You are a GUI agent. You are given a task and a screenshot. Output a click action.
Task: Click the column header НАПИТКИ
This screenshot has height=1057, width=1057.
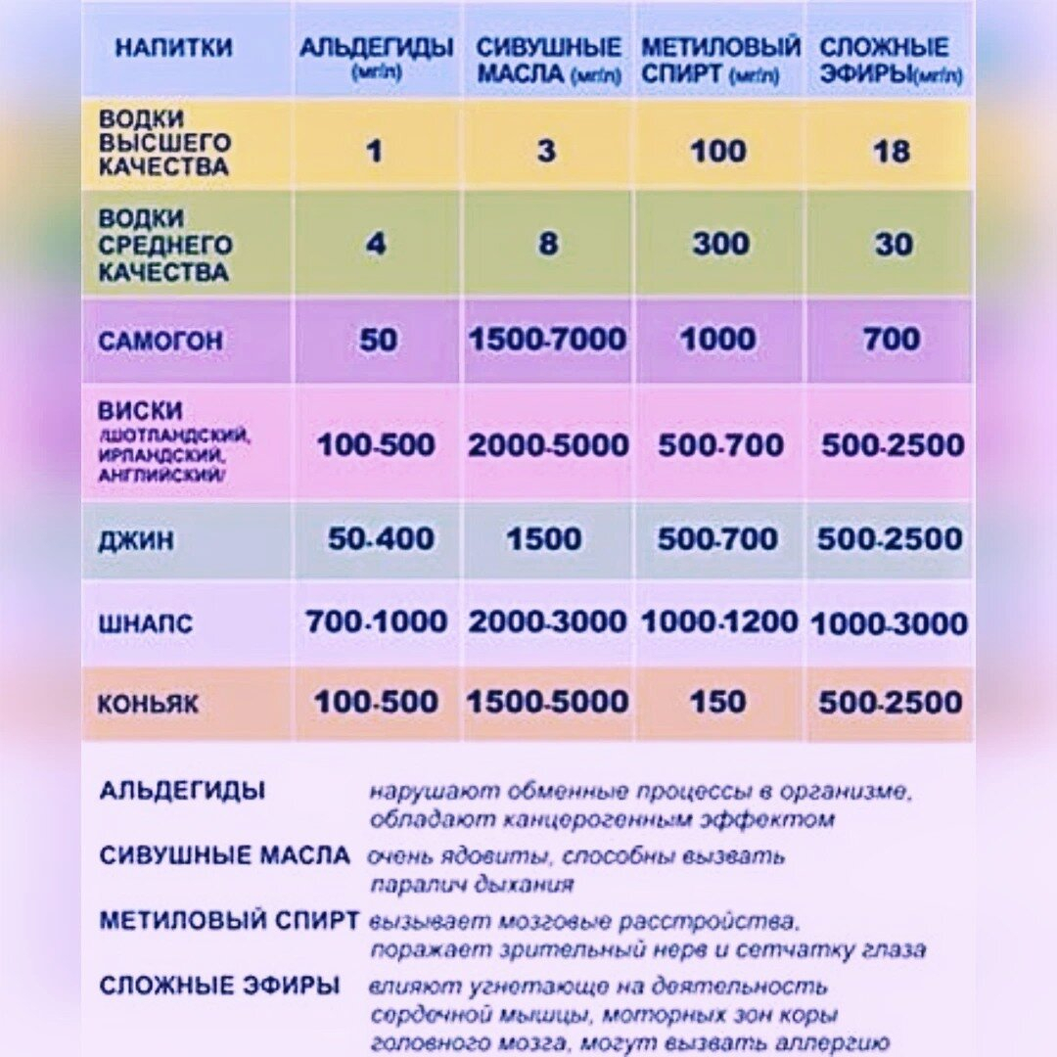(x=173, y=47)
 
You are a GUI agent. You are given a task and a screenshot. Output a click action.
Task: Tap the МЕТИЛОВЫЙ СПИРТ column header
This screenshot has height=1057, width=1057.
(x=720, y=59)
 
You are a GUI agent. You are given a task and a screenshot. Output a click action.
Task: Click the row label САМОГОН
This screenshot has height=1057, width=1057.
(x=161, y=342)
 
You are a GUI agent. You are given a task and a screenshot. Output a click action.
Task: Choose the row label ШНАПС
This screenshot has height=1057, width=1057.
(x=146, y=623)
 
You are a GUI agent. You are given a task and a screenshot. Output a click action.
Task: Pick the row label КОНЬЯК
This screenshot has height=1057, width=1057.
(x=148, y=703)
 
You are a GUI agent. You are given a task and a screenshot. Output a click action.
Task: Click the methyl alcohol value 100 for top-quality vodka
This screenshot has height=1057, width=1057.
(x=718, y=152)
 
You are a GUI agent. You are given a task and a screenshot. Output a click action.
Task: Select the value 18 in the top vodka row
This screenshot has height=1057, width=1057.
(x=892, y=152)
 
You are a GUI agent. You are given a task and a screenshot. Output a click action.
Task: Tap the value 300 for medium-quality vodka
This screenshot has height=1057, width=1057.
(x=720, y=244)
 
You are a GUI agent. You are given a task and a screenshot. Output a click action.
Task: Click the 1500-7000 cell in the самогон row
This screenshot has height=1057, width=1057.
(x=547, y=340)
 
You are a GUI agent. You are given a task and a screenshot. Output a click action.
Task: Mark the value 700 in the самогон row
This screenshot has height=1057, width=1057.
(x=892, y=340)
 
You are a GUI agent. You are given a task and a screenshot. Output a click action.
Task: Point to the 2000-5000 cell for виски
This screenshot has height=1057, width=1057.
(x=548, y=445)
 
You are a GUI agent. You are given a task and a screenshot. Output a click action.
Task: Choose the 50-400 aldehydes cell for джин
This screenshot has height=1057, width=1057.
(x=381, y=538)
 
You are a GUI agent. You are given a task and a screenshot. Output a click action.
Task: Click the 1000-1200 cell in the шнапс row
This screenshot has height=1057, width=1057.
(x=719, y=622)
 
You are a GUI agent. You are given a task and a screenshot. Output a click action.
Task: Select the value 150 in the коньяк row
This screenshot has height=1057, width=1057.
(x=717, y=702)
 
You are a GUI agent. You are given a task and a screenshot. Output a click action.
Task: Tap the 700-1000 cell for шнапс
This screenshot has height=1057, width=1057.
(x=377, y=622)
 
